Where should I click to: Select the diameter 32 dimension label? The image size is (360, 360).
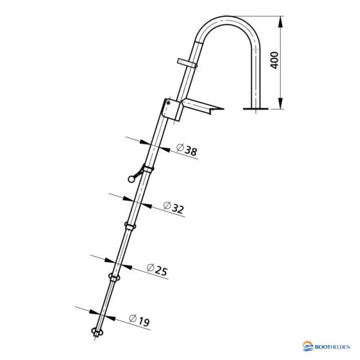coord(173,208)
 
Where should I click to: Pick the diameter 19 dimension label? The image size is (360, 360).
coord(139,322)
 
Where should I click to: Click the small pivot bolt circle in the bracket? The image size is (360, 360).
coord(170,103)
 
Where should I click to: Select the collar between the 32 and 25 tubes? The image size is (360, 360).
coord(130,226)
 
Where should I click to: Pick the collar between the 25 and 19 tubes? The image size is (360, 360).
coord(113,277)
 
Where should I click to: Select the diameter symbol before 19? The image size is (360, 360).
coord(133,319)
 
